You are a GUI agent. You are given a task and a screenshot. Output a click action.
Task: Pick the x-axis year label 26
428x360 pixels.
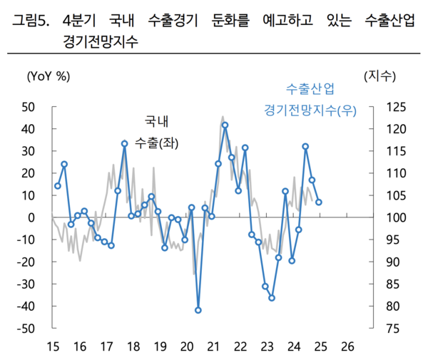tap(348, 347)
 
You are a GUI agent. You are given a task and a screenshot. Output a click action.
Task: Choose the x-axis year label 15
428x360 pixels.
tap(52, 347)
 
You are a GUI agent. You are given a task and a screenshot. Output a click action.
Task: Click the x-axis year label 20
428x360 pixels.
tap(187, 347)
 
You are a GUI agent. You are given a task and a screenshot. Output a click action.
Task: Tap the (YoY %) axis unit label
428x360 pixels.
tap(48, 76)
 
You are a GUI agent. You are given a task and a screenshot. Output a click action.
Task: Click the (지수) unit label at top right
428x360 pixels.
tap(379, 75)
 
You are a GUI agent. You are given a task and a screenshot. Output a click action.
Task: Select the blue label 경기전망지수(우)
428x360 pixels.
tap(310, 110)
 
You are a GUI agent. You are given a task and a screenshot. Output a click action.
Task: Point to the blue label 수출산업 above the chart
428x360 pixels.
tap(310, 89)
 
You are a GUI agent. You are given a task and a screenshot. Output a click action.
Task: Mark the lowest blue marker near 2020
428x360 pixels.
tap(198, 310)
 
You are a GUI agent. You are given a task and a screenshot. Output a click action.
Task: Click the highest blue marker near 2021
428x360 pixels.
tap(225, 125)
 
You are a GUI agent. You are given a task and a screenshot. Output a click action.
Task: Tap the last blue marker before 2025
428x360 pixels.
tap(319, 202)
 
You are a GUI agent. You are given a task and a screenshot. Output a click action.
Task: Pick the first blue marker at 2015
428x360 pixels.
tap(58, 186)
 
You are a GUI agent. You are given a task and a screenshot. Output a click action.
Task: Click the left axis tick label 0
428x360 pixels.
tap(31, 217)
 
